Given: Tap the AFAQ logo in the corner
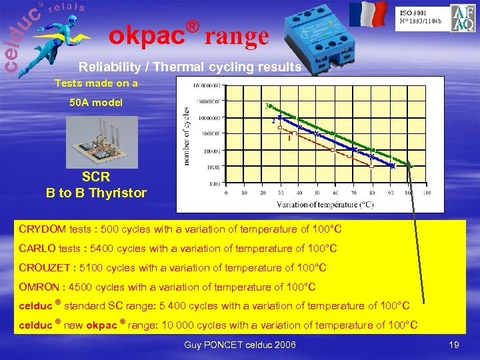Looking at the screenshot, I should click(x=463, y=19).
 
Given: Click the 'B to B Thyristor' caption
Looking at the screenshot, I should click(x=96, y=193).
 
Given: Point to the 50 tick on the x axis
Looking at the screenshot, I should click(x=317, y=193).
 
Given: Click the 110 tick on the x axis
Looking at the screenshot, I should click(x=426, y=193).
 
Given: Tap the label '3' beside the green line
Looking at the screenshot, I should click(x=267, y=107).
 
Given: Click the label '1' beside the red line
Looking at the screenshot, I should click(x=289, y=139).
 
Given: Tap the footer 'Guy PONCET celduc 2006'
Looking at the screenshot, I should click(x=239, y=345).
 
